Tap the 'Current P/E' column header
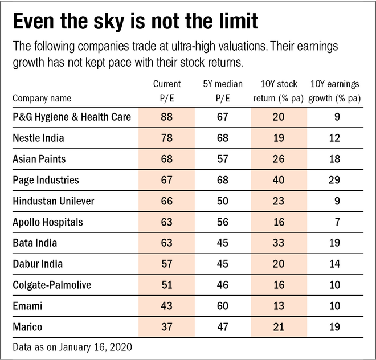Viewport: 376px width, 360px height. click(x=167, y=91)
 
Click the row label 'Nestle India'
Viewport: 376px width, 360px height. click(x=38, y=138)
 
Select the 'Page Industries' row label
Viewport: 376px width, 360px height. click(x=46, y=180)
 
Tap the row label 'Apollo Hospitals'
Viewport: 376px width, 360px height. click(x=48, y=222)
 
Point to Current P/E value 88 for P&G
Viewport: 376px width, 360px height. click(x=167, y=117)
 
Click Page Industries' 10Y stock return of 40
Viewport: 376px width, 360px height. click(x=279, y=180)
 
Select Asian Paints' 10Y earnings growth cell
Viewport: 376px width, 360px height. click(x=334, y=159)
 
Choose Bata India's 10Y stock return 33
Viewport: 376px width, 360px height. click(x=279, y=243)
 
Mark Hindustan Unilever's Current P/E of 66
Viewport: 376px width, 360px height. click(x=167, y=201)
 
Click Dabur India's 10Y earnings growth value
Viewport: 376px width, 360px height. click(x=334, y=264)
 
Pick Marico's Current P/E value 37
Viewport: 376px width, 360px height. click(x=167, y=328)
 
